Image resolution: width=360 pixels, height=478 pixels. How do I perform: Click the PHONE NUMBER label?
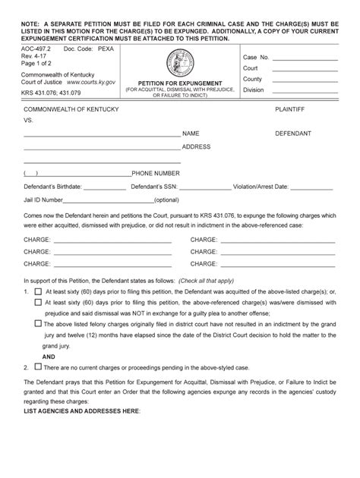click(156, 173)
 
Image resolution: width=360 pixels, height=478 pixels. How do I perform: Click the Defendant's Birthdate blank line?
click(103, 187)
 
